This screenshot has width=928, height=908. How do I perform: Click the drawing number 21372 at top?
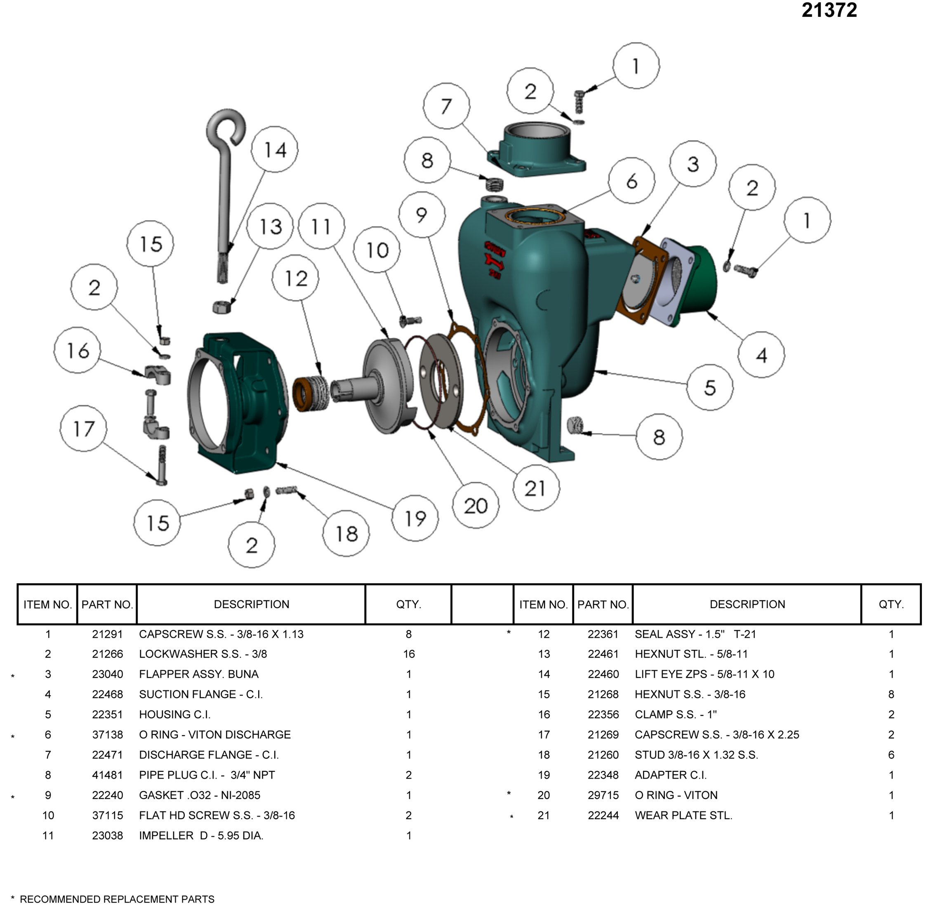click(829, 10)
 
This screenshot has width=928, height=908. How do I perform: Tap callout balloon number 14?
click(275, 150)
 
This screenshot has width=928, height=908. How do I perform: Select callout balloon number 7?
click(446, 106)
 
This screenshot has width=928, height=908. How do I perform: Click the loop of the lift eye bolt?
click(226, 127)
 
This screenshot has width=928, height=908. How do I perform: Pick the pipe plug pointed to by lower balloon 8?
click(576, 424)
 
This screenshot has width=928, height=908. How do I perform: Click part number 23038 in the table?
click(107, 835)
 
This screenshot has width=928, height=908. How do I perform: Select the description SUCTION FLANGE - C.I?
click(201, 694)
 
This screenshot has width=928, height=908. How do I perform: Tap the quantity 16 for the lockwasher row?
click(409, 654)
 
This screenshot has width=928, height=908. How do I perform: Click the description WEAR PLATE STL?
click(683, 816)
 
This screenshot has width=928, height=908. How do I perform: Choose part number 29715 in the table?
click(603, 795)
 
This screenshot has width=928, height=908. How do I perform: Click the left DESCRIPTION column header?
click(251, 604)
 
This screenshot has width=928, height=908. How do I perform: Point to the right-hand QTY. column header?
click(891, 604)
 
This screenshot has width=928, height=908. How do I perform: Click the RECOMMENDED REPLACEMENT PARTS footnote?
click(117, 899)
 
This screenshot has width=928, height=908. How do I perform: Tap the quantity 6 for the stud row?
click(891, 755)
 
